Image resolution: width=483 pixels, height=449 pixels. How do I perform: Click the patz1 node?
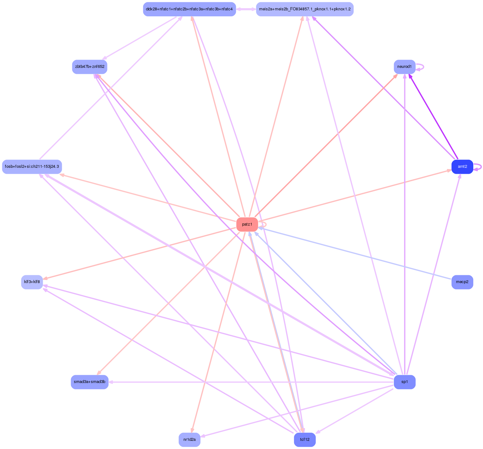(x=247, y=224)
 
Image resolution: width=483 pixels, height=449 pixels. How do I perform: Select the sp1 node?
(x=404, y=382)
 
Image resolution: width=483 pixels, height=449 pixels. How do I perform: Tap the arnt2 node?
(x=462, y=167)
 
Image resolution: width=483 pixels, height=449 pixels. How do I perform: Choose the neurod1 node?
(x=404, y=67)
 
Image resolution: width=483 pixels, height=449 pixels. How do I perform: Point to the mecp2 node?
(x=462, y=282)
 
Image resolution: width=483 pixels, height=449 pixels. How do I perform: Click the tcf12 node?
(x=305, y=440)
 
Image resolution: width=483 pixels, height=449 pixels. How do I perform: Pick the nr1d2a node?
(x=189, y=440)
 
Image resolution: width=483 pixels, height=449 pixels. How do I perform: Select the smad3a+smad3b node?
(x=90, y=382)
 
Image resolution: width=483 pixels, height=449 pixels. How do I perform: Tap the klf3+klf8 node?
(x=32, y=282)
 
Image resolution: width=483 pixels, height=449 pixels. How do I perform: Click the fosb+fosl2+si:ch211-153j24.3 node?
(x=32, y=167)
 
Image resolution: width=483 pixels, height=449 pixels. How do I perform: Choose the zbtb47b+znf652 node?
(x=90, y=67)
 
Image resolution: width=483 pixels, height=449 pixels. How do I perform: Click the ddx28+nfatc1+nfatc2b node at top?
(x=189, y=9)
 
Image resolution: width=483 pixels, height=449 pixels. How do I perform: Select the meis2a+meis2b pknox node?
(x=305, y=9)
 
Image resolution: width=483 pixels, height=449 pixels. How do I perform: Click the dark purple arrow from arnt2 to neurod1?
(x=433, y=117)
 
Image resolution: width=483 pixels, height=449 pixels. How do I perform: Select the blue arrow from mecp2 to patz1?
(x=355, y=253)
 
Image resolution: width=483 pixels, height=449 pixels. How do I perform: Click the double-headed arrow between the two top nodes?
(x=246, y=9)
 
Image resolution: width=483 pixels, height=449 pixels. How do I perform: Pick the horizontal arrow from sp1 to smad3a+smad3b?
(x=251, y=382)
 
